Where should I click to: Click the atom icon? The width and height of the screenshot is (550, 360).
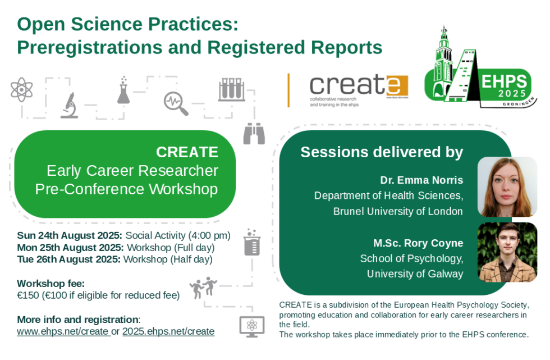pos(21,89)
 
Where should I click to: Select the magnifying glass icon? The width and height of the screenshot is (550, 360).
pos(176,103)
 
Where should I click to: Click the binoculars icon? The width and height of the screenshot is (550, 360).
pos(254,134)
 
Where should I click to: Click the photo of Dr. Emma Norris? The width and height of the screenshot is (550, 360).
pos(507,187)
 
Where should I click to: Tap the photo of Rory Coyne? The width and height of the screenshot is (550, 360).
pos(507,252)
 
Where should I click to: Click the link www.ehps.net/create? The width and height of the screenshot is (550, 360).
pos(62,331)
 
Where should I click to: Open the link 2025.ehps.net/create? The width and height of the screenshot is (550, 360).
pos(168,331)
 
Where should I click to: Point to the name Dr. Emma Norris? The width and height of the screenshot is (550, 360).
pos(421,180)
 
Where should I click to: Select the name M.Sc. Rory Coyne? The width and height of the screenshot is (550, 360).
pos(418,243)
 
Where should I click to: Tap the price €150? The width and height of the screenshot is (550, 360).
pos(29,295)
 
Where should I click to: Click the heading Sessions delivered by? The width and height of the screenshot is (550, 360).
pos(382,152)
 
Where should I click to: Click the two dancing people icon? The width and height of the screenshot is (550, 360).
pos(203,288)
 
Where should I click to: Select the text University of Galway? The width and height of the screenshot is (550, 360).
pos(415,274)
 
